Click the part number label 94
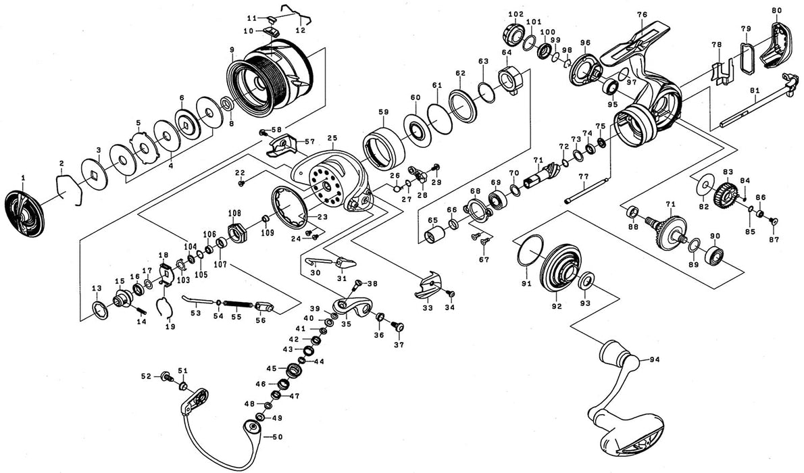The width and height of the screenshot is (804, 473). pyautogui.click(x=654, y=359)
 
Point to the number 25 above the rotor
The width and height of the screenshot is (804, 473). pyautogui.click(x=332, y=139)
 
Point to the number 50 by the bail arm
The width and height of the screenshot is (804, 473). pyautogui.click(x=277, y=437)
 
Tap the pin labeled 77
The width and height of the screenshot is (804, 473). pyautogui.click(x=586, y=190)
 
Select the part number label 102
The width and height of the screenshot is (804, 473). pyautogui.click(x=516, y=14)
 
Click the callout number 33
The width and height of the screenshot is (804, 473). pyautogui.click(x=427, y=308)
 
